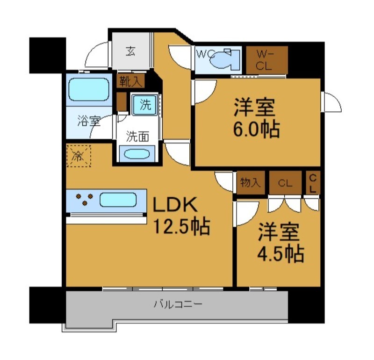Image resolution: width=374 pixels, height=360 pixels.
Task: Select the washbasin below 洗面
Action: tap(137, 153)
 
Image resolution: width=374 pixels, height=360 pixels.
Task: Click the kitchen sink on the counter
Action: tap(118, 200)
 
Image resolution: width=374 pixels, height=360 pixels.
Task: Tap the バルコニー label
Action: tap(178, 305)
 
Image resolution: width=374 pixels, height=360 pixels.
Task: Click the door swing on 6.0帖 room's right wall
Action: tap(330, 102)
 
